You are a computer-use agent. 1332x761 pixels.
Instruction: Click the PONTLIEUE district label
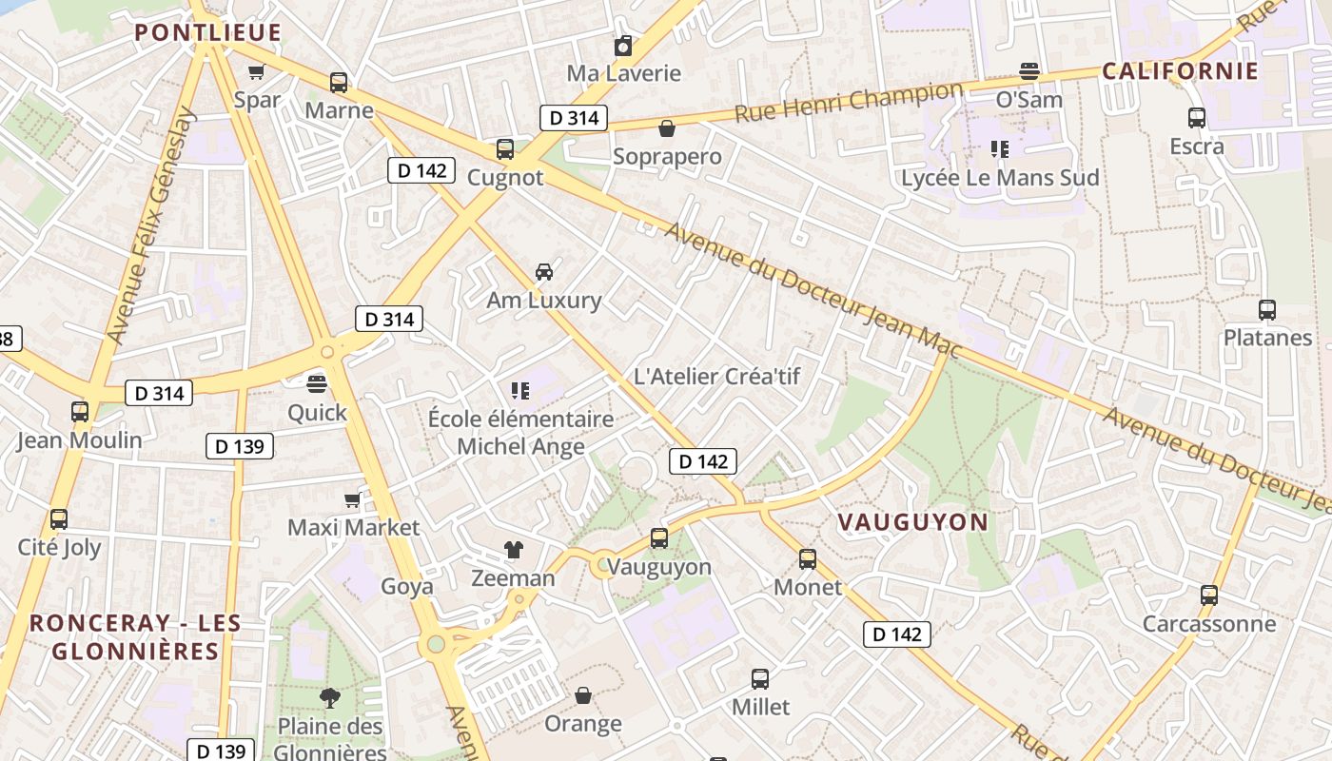[207, 32]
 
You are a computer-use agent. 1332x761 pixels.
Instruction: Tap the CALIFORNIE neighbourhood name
[1180, 71]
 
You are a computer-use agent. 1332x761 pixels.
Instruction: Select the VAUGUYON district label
[912, 521]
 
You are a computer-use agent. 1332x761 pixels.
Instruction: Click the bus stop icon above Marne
[339, 83]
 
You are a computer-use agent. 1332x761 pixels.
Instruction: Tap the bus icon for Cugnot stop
[505, 149]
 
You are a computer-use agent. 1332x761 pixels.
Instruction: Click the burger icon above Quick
[317, 384]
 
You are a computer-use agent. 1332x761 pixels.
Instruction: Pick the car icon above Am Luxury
[544, 272]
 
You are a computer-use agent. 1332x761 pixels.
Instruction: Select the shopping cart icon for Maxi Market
[353, 499]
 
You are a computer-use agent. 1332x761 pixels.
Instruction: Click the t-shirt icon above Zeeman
[514, 550]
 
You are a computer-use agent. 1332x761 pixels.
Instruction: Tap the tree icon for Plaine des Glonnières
[329, 698]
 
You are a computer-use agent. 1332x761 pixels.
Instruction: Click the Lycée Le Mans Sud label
[999, 178]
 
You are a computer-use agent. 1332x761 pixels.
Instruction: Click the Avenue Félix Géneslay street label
[149, 226]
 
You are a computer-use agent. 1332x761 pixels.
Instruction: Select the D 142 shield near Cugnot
[421, 171]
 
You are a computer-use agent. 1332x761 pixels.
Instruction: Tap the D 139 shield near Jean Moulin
[240, 446]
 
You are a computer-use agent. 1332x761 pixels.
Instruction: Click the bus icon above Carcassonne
[1209, 595]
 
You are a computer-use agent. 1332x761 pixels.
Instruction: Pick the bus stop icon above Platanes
[1267, 310]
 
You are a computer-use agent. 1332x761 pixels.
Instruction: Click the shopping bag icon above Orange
[583, 696]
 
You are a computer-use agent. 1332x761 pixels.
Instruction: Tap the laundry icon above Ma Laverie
[623, 46]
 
